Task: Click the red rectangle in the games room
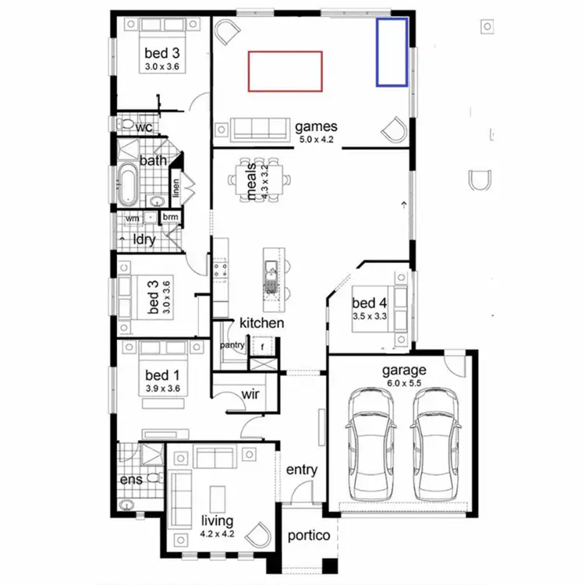pos(285,70)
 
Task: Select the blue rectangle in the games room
pos(392,51)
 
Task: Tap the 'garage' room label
pos(403,370)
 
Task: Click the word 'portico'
pos(309,537)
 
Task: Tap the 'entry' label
pos(302,470)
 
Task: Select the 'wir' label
pos(250,394)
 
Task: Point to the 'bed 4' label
pos(369,303)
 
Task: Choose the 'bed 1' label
pos(163,375)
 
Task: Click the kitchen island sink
pos(271,272)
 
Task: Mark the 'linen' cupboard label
pos(176,190)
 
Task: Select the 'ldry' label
pos(144,240)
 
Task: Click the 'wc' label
pos(144,127)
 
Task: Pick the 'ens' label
pos(131,479)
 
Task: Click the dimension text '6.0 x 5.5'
pos(403,383)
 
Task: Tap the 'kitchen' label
pos(261,323)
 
